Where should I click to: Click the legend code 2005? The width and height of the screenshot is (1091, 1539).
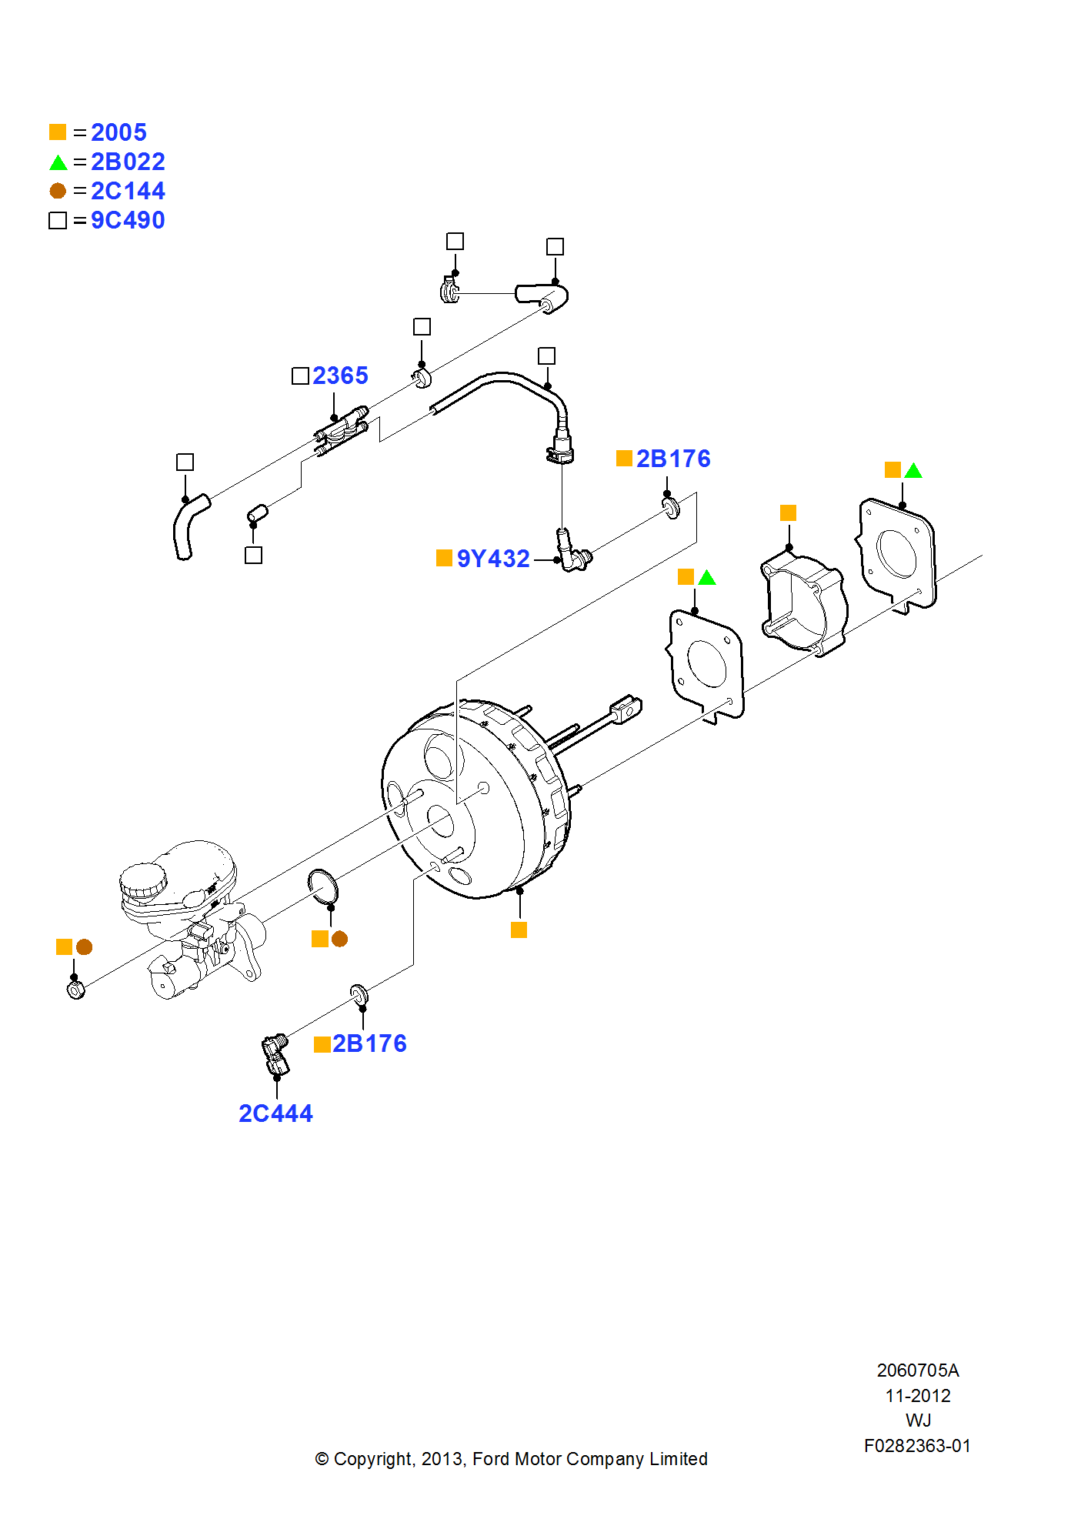tap(118, 132)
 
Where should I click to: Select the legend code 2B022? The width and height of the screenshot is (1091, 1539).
tap(128, 162)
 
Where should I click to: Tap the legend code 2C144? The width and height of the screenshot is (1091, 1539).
tap(128, 191)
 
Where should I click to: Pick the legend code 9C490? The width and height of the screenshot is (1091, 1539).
tap(128, 220)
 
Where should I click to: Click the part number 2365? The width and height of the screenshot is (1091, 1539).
tap(340, 376)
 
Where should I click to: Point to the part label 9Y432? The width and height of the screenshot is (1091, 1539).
tap(493, 559)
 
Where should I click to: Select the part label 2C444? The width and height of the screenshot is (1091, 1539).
tap(275, 1113)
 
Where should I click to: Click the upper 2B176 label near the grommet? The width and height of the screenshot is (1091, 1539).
tap(673, 459)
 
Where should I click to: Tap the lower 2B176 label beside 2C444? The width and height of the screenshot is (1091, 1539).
tap(369, 1043)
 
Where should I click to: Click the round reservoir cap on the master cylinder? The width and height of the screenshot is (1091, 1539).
tap(143, 880)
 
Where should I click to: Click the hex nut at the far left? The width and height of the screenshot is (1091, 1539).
tap(75, 990)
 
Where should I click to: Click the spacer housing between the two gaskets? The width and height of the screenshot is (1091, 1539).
tap(804, 605)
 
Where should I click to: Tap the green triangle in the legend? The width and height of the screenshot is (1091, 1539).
tap(58, 162)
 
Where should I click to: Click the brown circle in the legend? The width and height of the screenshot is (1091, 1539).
tap(58, 191)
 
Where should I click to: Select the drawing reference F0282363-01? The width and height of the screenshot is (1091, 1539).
tap(917, 1446)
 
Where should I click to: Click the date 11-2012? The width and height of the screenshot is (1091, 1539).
tap(917, 1396)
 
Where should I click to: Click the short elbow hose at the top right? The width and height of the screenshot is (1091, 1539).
tap(543, 295)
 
